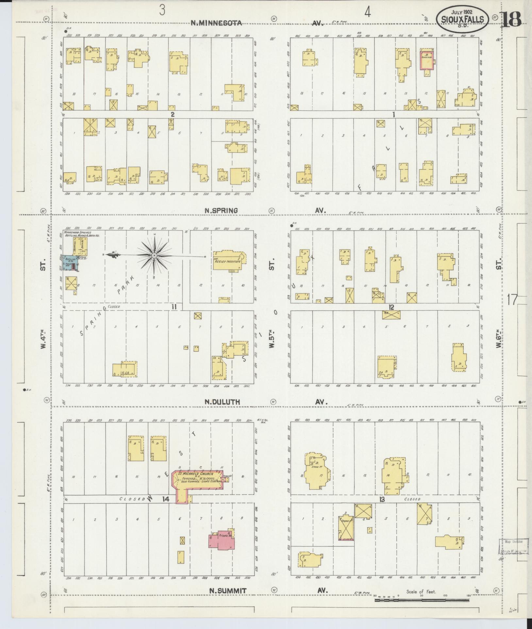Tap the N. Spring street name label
coord(221,211)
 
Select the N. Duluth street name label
coord(221,402)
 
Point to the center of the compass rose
coord(154,255)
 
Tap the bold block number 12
coord(391,307)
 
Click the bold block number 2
coord(172,114)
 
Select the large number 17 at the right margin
coord(512,299)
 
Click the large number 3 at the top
coord(162,10)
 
